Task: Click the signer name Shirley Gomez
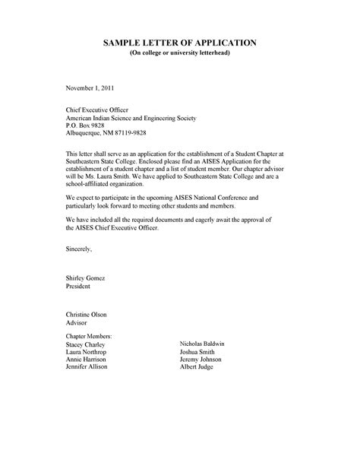click(88, 280)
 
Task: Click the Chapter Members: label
click(90, 334)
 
